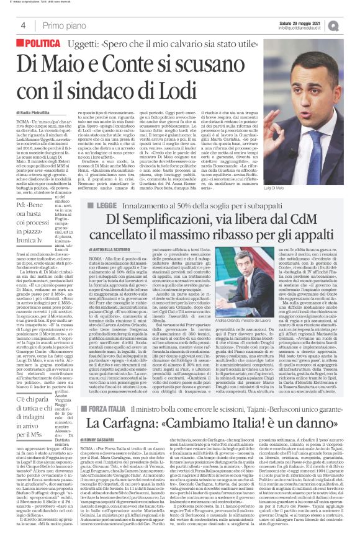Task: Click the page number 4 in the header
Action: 22,25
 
